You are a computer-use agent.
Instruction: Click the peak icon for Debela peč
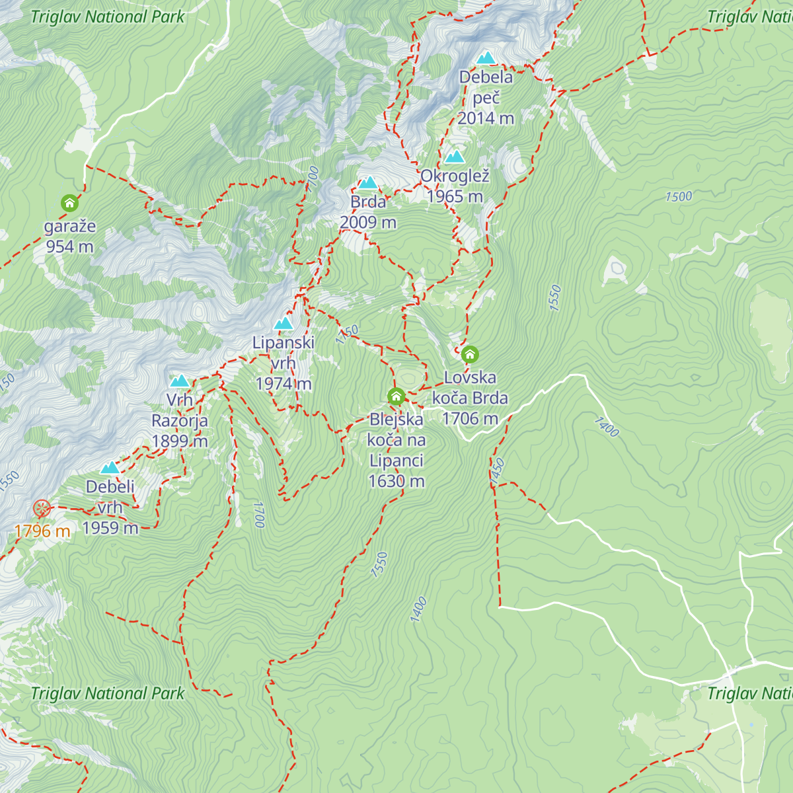[x=486, y=57]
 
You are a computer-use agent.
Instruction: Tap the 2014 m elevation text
[x=486, y=118]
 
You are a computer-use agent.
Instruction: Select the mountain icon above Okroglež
[x=455, y=157]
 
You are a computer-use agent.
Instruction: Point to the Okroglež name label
[x=455, y=176]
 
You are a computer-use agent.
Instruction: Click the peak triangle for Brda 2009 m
[x=368, y=182]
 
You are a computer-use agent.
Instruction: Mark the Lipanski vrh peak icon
[x=283, y=323]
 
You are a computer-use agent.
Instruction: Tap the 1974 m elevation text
[x=283, y=384]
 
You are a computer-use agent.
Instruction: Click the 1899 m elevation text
[x=180, y=441]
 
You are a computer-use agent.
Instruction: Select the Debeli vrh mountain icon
[x=110, y=468]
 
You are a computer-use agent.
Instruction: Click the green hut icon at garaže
[x=69, y=203]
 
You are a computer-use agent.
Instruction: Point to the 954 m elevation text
[x=69, y=247]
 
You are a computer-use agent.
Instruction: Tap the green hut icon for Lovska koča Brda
[x=470, y=354]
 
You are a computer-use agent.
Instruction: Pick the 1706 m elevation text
[x=470, y=419]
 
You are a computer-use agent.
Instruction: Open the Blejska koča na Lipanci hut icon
[x=396, y=397]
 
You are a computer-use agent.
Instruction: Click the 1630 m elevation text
[x=396, y=482]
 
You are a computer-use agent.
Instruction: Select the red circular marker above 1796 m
[x=42, y=508]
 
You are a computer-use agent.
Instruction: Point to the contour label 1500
[x=679, y=197]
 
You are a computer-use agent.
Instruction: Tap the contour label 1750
[x=347, y=334]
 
